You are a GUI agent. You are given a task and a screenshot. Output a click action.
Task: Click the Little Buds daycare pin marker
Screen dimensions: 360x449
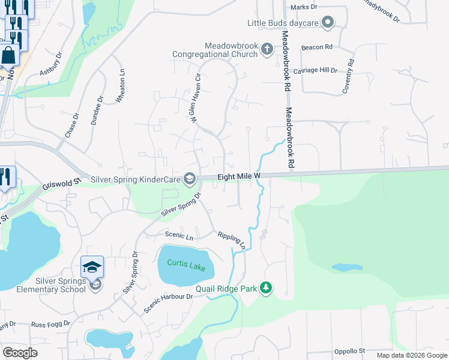pos(327,23)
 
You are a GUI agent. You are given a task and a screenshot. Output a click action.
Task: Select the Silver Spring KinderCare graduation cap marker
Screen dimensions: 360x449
pos(190,178)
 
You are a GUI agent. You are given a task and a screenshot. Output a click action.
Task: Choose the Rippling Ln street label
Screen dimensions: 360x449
pos(232,240)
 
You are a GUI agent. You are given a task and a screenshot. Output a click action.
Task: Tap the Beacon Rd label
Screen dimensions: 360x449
pos(317,47)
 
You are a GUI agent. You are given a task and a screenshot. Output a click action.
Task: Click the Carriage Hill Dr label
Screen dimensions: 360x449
pos(320,70)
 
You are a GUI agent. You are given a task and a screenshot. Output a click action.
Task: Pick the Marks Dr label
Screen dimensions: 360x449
pos(303,7)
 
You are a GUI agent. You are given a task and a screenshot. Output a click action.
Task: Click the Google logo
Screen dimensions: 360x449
pos(20,353)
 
